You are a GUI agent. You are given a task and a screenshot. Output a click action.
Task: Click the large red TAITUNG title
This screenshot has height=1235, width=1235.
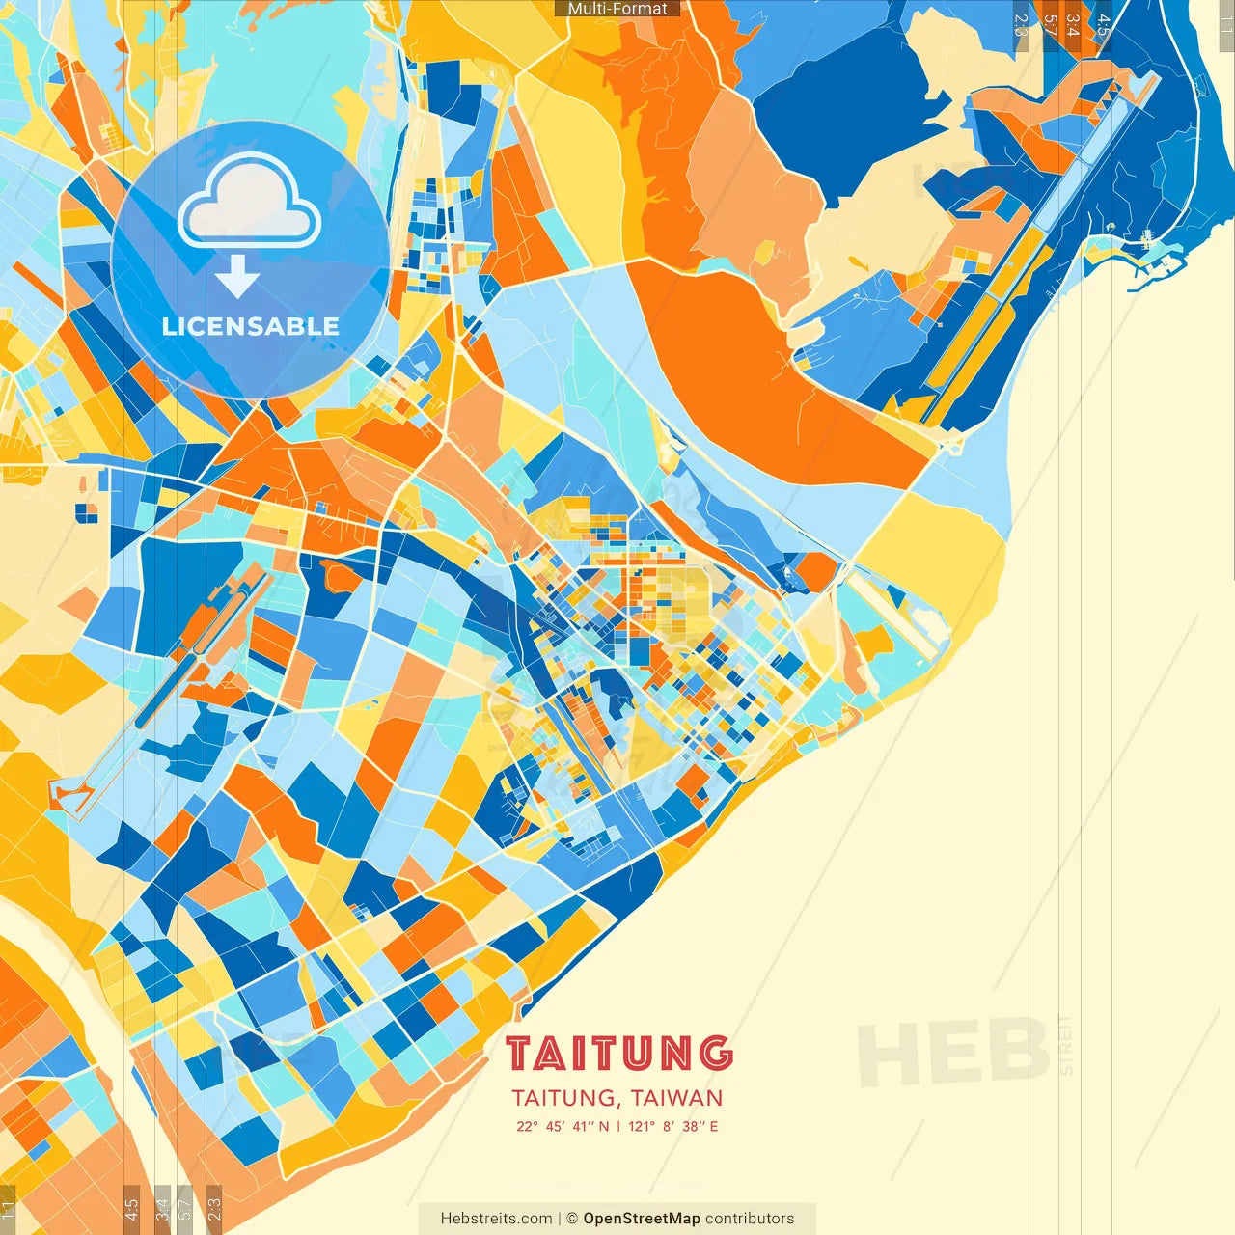click(x=618, y=1054)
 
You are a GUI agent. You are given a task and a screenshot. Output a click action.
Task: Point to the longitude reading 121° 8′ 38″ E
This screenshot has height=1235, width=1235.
click(x=673, y=1126)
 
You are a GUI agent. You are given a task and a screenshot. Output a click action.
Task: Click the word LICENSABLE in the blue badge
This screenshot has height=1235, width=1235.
click(x=250, y=326)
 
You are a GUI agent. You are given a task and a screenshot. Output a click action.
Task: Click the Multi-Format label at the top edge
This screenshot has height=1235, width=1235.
click(x=617, y=9)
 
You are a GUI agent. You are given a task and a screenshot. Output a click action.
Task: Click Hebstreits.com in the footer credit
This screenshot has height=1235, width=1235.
click(x=496, y=1219)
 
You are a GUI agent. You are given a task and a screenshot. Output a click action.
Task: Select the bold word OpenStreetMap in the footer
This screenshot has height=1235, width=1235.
click(x=642, y=1219)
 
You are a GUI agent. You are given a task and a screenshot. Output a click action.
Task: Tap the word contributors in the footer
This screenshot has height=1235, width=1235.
click(x=750, y=1219)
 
